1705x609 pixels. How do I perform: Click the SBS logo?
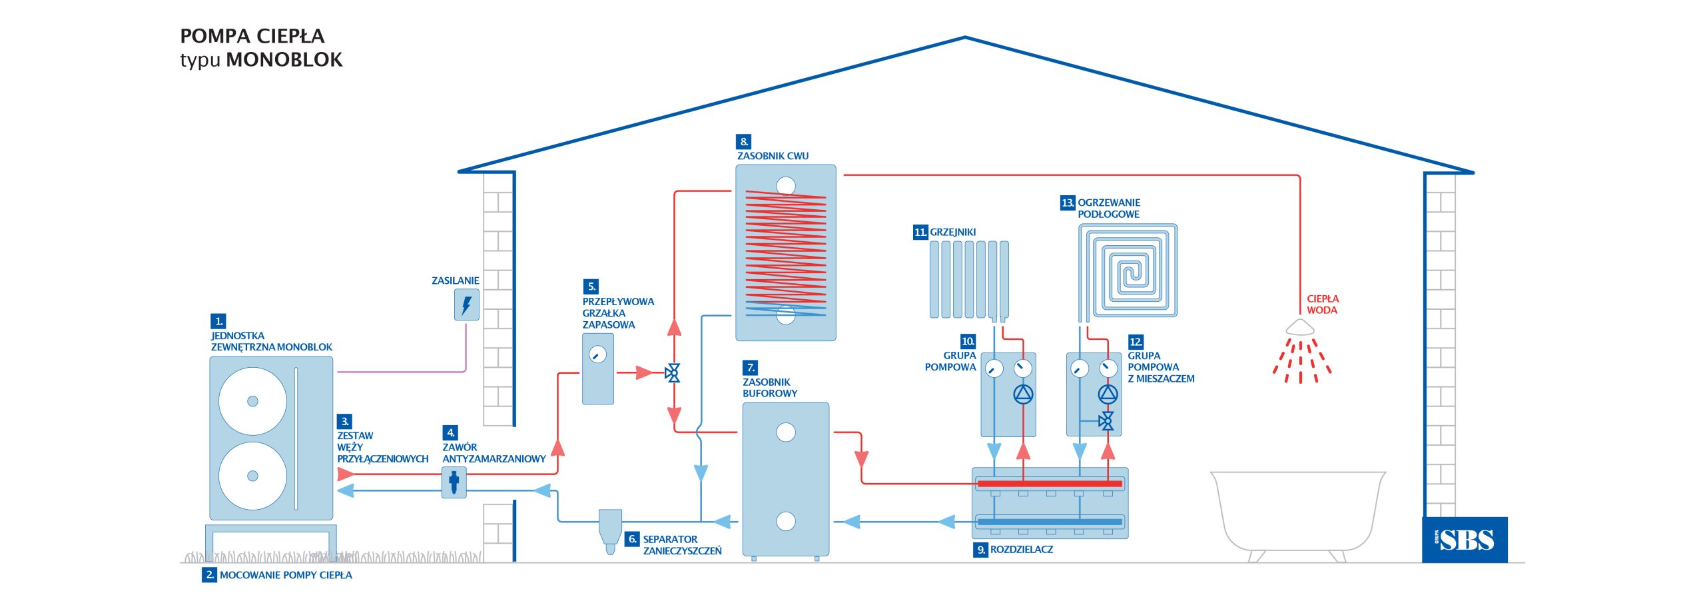click(x=1465, y=540)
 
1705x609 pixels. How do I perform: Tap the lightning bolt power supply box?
click(x=467, y=304)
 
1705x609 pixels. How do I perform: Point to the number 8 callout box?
click(x=743, y=142)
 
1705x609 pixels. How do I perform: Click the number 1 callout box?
click(x=218, y=321)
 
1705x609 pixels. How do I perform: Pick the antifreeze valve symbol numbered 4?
click(x=454, y=482)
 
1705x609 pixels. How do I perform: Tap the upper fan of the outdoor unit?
click(x=252, y=401)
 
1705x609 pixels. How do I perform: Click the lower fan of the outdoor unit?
click(x=252, y=476)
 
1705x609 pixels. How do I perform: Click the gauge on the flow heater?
click(x=598, y=354)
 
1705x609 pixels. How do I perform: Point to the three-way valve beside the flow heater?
click(x=673, y=373)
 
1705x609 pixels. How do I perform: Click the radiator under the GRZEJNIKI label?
click(x=969, y=280)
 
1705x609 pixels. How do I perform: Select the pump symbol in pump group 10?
click(x=1023, y=394)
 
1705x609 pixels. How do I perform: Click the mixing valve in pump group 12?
click(x=1107, y=420)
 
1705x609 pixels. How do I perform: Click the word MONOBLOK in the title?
click(x=284, y=59)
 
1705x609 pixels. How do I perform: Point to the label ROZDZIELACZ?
click(x=1022, y=550)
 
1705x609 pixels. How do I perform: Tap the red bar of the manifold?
click(x=1049, y=484)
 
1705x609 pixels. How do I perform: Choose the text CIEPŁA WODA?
click(x=1323, y=304)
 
